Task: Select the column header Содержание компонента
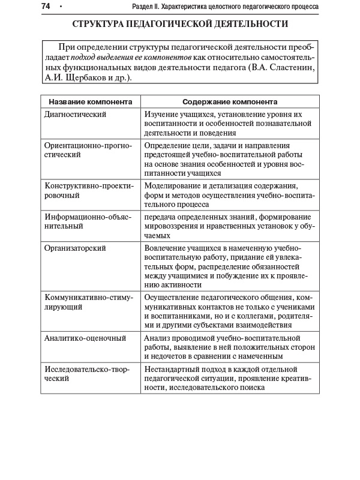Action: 229,102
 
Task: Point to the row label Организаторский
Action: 76,247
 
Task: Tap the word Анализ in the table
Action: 157,338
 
